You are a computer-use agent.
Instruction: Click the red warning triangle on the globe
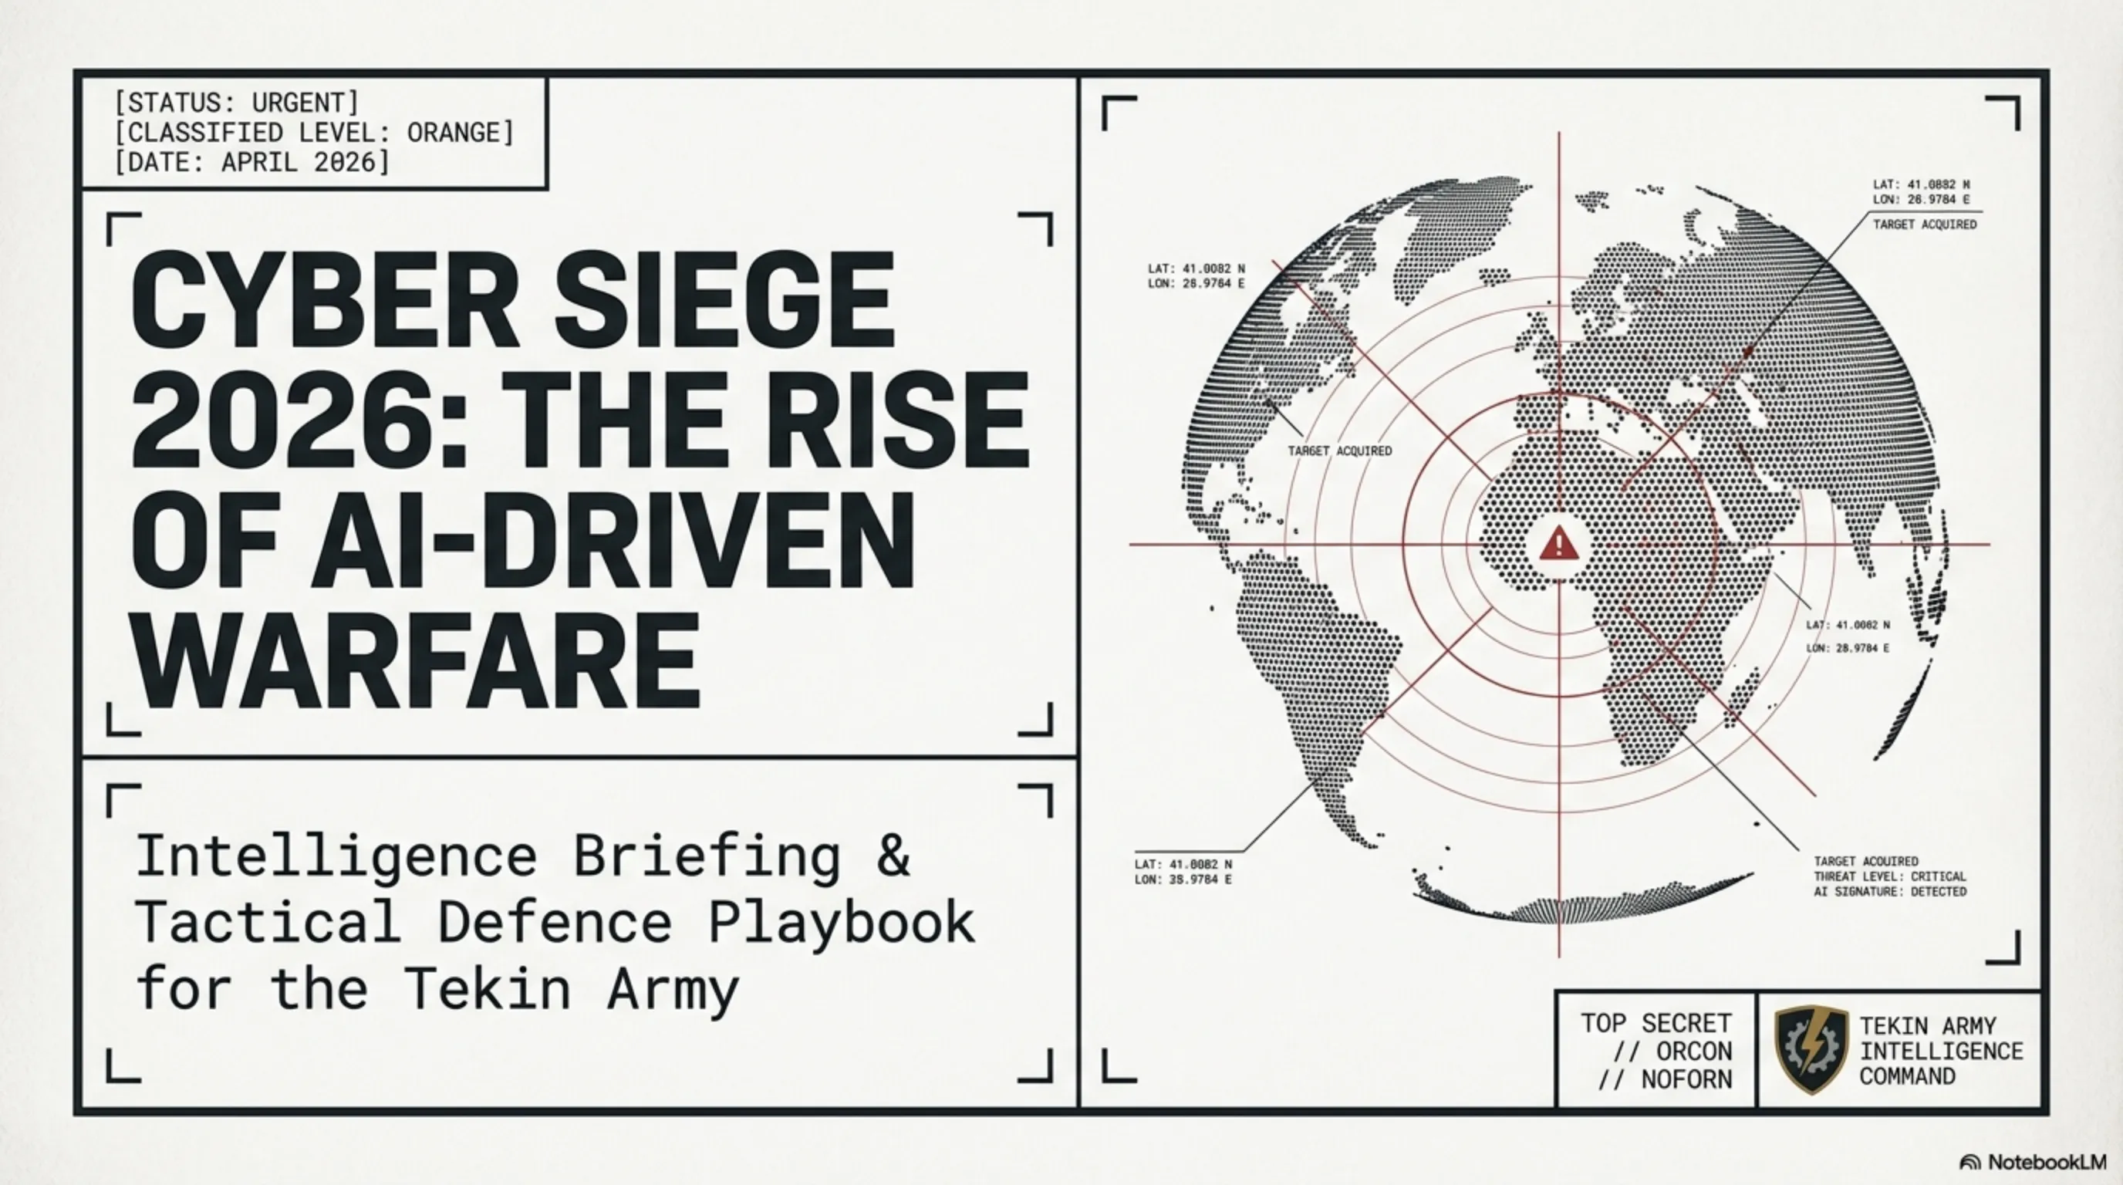[x=1558, y=545]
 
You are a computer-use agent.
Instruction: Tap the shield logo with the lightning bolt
[x=1811, y=1050]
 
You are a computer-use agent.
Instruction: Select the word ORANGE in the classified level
[x=460, y=132]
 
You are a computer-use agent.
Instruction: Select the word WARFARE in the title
[x=417, y=661]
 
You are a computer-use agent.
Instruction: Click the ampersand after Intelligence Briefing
[x=893, y=857]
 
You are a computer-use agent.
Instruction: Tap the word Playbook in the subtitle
[x=842, y=923]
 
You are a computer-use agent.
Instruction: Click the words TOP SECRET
[x=1656, y=1024]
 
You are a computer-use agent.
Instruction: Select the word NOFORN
[x=1686, y=1079]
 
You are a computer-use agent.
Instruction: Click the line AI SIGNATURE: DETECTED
[x=1889, y=892]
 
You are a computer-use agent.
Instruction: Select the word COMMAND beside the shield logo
[x=1907, y=1076]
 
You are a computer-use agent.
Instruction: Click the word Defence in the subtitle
[x=555, y=923]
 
